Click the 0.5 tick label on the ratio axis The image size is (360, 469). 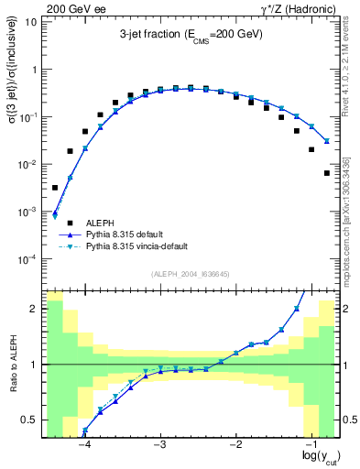29,420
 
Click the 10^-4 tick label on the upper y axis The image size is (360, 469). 29,259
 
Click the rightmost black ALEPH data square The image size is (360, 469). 327,172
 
